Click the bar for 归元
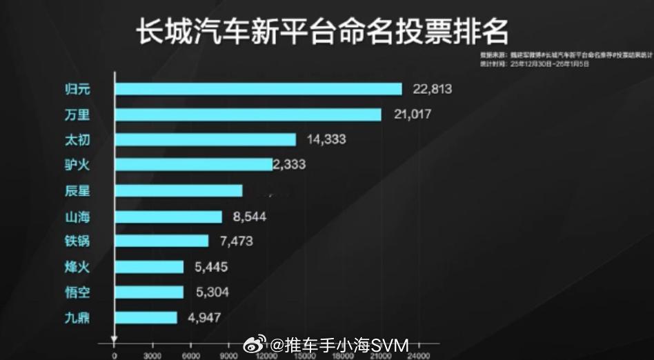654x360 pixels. tap(258, 89)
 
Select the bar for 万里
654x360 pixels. tap(248, 114)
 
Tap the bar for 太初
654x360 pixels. tap(205, 139)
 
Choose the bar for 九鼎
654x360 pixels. tap(146, 318)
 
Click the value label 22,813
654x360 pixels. tap(432, 89)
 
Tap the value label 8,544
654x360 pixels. tap(249, 217)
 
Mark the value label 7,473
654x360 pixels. tap(235, 241)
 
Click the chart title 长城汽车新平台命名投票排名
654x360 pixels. tap(323, 31)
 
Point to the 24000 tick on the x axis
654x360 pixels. tap(417, 356)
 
